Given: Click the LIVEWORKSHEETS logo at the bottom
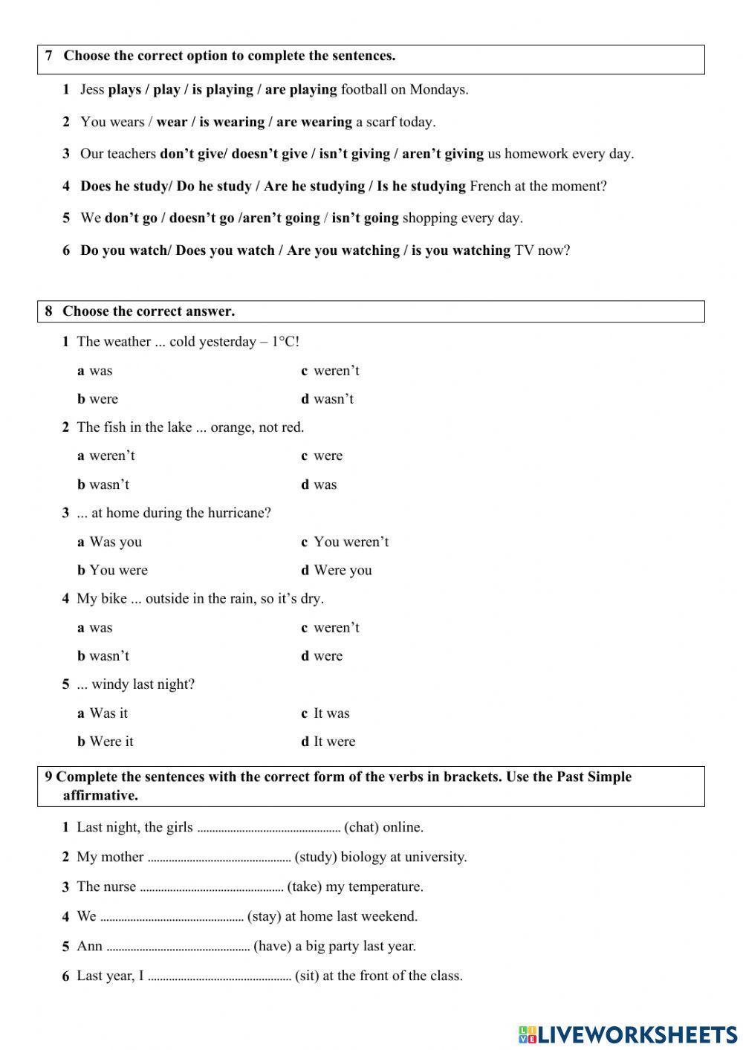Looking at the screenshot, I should point(627,1034).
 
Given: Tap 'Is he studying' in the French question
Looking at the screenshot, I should point(421,186).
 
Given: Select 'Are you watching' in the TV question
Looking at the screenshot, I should point(343,250).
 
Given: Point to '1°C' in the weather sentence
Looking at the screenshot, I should point(285,342).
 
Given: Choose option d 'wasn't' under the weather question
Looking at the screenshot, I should point(333,399).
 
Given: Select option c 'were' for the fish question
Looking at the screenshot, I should point(328,456).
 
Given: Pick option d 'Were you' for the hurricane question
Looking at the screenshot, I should point(343,570).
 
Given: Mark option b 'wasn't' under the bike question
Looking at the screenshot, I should point(108,655).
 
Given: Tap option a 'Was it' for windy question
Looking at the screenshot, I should point(108,713).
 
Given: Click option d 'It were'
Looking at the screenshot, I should point(334,741).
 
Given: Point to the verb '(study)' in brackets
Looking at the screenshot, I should point(316,857).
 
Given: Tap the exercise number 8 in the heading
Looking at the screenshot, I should point(49,311).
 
